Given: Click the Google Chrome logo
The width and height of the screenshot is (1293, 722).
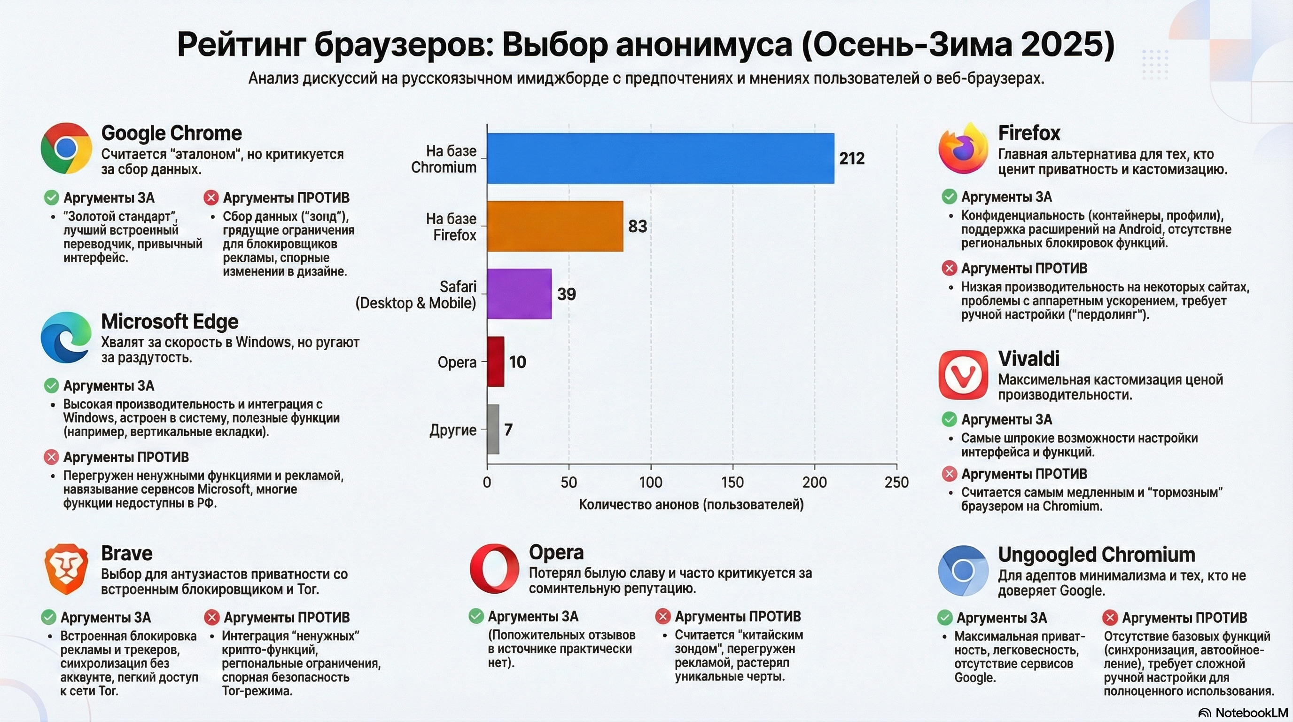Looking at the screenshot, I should (66, 148).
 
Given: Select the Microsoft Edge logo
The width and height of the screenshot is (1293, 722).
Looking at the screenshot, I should (66, 337).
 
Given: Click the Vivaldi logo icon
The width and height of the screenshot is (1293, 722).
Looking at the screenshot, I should (963, 375).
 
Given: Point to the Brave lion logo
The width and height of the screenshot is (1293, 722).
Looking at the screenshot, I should (66, 568).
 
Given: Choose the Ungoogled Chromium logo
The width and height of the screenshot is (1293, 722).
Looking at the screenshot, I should (963, 570).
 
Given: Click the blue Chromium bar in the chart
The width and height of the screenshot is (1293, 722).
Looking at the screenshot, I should (660, 158).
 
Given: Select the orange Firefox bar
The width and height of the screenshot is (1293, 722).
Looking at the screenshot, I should (554, 226).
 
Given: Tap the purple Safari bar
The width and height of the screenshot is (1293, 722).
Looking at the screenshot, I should (519, 294).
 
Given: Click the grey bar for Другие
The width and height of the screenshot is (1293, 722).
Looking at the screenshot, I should (493, 429).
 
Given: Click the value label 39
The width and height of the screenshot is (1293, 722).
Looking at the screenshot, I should (566, 294).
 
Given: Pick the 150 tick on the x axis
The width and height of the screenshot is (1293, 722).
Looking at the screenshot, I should (732, 482).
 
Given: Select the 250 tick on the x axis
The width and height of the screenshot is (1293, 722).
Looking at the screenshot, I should (896, 482).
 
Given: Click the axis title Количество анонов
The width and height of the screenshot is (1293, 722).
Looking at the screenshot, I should (691, 504).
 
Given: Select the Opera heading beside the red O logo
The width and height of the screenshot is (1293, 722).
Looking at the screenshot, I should (556, 552).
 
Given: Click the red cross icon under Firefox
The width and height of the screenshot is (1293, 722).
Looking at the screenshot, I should (949, 268).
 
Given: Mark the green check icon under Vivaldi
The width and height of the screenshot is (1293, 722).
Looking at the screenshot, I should (949, 419).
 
